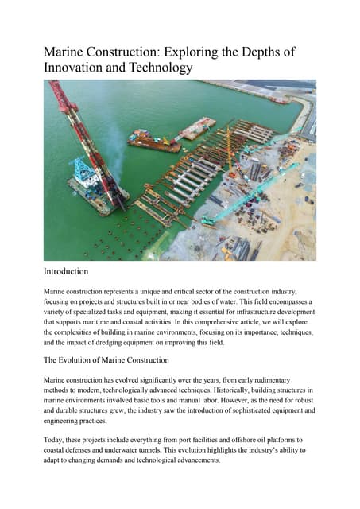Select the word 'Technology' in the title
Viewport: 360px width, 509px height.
[156, 68]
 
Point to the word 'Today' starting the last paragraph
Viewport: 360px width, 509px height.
[53, 439]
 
